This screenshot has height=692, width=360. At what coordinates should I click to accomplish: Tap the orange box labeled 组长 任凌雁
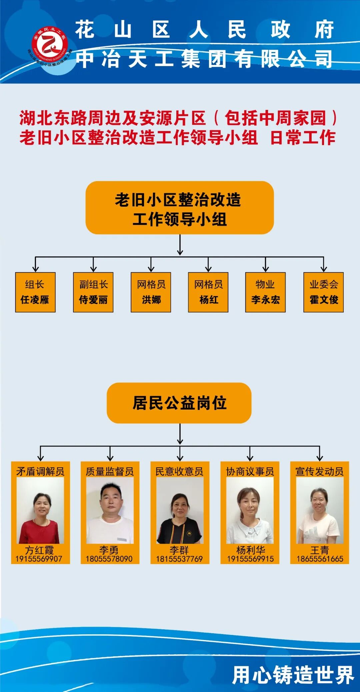tap(35, 292)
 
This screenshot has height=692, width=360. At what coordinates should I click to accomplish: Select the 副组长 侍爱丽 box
tap(93, 292)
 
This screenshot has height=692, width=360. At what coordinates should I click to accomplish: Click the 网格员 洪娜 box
tap(151, 292)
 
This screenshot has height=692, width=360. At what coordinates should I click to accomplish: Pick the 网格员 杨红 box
tap(208, 292)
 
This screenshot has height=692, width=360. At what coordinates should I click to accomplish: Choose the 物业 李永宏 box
tap(265, 292)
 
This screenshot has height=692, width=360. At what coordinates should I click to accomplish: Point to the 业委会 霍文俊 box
tap(323, 292)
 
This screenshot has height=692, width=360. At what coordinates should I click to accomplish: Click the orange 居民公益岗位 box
tap(179, 403)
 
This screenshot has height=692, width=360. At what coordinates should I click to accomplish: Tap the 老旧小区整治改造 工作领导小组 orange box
tap(180, 208)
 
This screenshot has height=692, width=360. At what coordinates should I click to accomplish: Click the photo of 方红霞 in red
tap(40, 510)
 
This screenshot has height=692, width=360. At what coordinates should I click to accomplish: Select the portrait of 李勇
tap(110, 510)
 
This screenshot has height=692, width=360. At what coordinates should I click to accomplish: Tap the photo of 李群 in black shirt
tap(180, 510)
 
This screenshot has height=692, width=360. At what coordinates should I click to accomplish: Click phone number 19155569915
tap(250, 559)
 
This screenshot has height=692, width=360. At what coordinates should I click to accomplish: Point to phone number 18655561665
tap(320, 559)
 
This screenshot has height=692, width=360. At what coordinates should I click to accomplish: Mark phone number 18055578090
tap(109, 559)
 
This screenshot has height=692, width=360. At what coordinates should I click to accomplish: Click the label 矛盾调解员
tap(40, 471)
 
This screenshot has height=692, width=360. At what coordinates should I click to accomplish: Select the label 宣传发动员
tap(319, 471)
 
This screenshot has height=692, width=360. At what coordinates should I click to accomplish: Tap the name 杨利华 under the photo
tap(250, 550)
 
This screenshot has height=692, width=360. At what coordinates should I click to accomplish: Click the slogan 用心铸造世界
tap(293, 675)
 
